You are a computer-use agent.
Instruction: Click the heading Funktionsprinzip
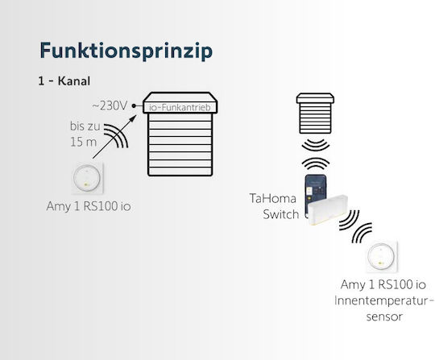pos(126,52)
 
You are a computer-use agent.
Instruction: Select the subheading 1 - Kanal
pos(64,81)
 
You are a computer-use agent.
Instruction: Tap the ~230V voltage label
pos(110,106)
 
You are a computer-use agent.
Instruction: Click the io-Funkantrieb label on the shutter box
pos(180,107)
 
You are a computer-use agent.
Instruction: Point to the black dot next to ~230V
pos(134,106)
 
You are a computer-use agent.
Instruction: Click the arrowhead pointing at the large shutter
pos(134,118)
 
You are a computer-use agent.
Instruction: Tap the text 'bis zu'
pos(85,126)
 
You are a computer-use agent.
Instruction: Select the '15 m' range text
pos(83,142)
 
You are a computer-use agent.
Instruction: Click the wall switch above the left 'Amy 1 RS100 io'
pos(87,178)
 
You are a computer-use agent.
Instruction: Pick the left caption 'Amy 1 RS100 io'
pos(89,206)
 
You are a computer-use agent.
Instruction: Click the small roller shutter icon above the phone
pos(315,114)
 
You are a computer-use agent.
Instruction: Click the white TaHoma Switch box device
pos(328,209)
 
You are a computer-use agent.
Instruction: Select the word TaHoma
pos(273,199)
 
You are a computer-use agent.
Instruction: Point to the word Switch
pos(281,214)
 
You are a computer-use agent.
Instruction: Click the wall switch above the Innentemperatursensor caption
pos(381,257)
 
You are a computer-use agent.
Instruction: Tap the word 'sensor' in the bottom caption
pos(384,317)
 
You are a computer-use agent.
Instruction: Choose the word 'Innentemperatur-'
pos(384,301)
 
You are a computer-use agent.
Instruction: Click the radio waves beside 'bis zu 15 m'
pos(116,136)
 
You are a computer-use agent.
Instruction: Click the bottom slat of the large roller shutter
pos(180,171)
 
